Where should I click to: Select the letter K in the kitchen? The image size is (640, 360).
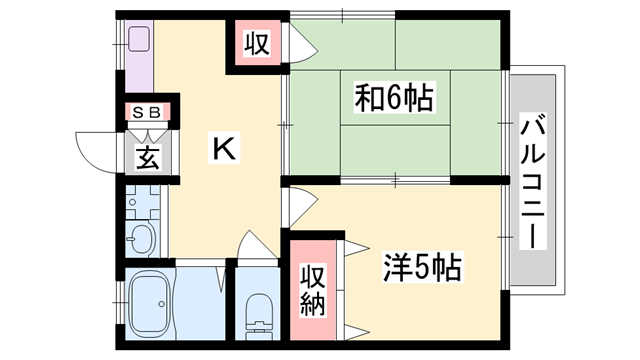(224, 148)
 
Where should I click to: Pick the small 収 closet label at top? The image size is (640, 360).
(257, 45)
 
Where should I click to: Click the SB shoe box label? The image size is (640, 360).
(147, 112)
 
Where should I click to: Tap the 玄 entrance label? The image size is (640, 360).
(148, 157)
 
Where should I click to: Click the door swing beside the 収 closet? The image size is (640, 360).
(298, 45)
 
